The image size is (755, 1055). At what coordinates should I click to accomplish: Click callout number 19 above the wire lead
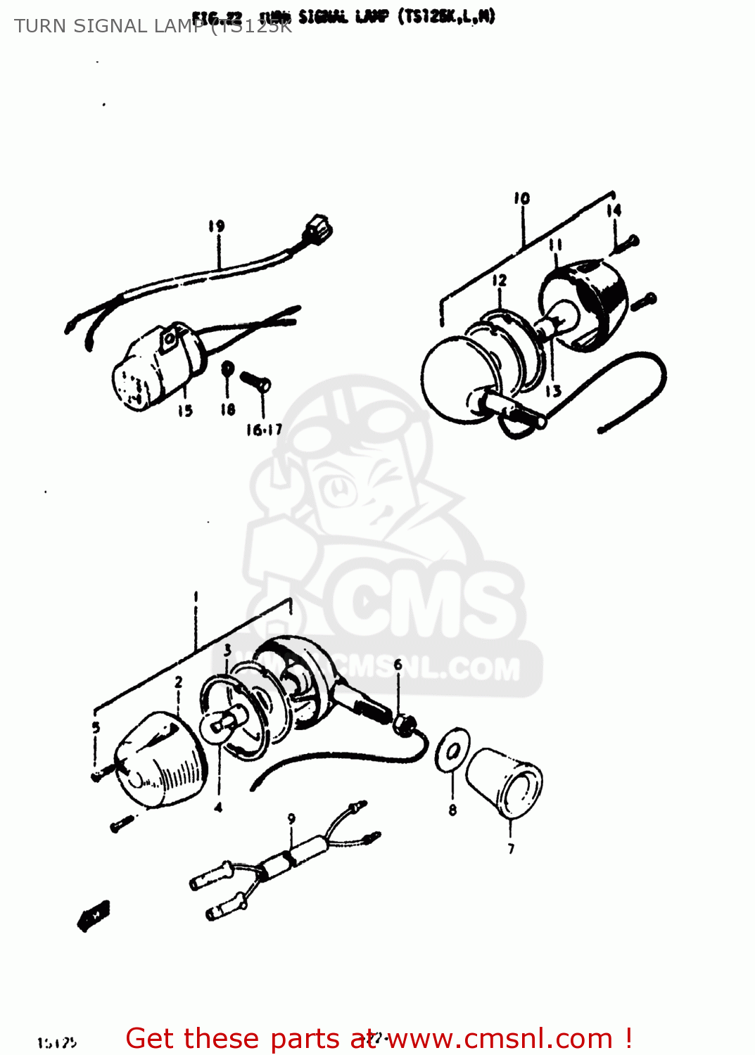(x=216, y=226)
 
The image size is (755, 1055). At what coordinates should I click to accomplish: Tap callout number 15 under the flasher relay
(x=185, y=411)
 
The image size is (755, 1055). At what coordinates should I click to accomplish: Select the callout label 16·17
(x=264, y=430)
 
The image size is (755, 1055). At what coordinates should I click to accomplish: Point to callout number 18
(x=227, y=409)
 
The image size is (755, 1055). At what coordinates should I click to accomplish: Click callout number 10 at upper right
(x=521, y=198)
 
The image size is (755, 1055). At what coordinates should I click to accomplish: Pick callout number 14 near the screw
(x=614, y=210)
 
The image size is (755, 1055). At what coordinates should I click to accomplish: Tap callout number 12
(x=499, y=281)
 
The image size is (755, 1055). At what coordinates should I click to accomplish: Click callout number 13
(x=554, y=391)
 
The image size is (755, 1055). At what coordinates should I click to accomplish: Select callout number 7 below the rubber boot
(x=511, y=849)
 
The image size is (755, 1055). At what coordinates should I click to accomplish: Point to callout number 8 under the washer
(x=452, y=810)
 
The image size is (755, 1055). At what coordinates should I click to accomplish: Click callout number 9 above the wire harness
(x=291, y=819)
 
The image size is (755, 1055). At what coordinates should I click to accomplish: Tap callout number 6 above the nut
(x=398, y=665)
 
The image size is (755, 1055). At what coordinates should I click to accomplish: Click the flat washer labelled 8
(x=452, y=750)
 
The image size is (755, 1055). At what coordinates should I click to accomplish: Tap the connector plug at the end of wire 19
(x=318, y=229)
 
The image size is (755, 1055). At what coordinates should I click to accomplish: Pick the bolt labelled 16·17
(x=255, y=381)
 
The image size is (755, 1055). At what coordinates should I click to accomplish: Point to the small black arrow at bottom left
(x=94, y=915)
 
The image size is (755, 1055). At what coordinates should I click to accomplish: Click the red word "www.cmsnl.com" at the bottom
(x=500, y=1039)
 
